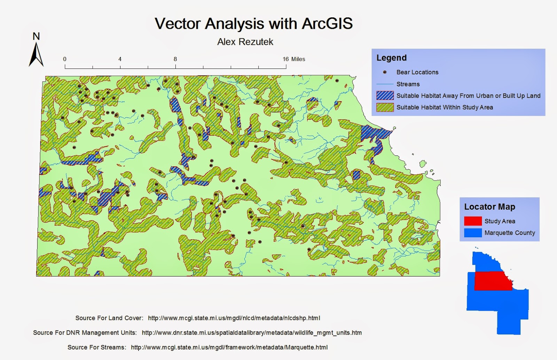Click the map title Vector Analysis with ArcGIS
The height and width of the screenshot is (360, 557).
(x=253, y=24)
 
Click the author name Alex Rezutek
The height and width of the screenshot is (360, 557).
(x=245, y=42)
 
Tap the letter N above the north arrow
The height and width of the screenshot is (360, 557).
(x=36, y=36)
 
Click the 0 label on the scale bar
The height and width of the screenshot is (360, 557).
(x=65, y=59)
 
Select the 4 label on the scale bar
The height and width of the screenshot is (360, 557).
(x=120, y=59)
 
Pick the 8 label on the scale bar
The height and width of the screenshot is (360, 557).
(x=175, y=59)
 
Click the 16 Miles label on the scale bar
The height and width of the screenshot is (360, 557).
(x=294, y=59)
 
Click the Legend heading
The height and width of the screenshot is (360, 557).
(x=391, y=58)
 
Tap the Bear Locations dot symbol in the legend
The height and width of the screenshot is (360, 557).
(x=385, y=72)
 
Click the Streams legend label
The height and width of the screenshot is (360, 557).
(x=408, y=84)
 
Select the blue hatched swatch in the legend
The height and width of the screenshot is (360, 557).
(x=385, y=96)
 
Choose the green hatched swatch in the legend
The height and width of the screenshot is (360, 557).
(x=385, y=107)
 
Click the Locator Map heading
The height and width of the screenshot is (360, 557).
(x=489, y=207)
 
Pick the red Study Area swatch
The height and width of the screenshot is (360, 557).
(x=473, y=221)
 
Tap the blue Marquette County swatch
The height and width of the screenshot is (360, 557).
(x=473, y=233)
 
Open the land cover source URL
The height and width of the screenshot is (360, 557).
(x=234, y=318)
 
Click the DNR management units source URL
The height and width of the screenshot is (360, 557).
(x=252, y=333)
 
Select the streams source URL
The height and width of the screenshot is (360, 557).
(x=229, y=347)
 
